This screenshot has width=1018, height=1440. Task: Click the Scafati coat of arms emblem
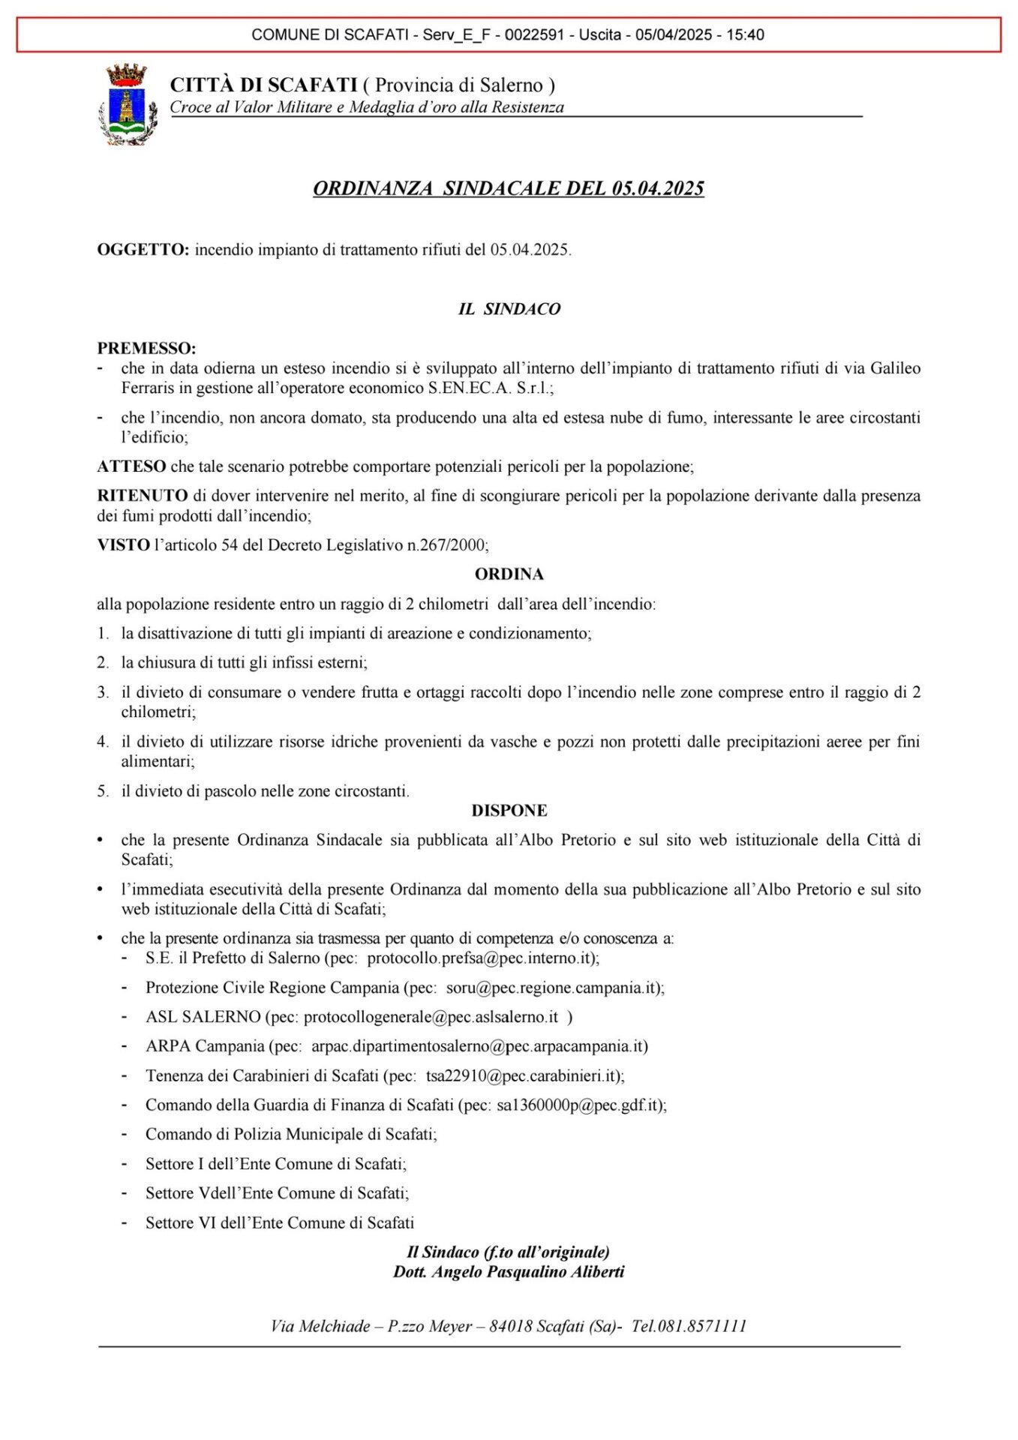click(x=128, y=105)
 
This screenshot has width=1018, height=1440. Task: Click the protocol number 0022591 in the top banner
click(x=534, y=34)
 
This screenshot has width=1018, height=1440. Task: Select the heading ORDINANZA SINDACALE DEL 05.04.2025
click(x=509, y=188)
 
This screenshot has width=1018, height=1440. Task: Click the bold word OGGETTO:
click(x=143, y=250)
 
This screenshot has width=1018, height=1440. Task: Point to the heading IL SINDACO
click(x=509, y=309)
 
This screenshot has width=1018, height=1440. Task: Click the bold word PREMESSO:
click(x=146, y=349)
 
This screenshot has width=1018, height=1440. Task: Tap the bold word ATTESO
click(x=131, y=466)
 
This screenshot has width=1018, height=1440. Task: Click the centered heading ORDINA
click(x=509, y=574)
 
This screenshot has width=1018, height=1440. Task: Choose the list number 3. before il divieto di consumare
click(x=103, y=692)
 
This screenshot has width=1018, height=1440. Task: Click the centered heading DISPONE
click(x=509, y=811)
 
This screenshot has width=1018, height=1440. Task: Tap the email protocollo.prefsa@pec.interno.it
click(x=481, y=958)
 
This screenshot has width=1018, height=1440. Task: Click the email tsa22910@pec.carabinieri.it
click(x=523, y=1075)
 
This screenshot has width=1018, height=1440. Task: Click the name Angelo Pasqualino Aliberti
click(x=528, y=1272)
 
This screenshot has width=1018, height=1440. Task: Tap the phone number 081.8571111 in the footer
click(x=701, y=1326)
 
